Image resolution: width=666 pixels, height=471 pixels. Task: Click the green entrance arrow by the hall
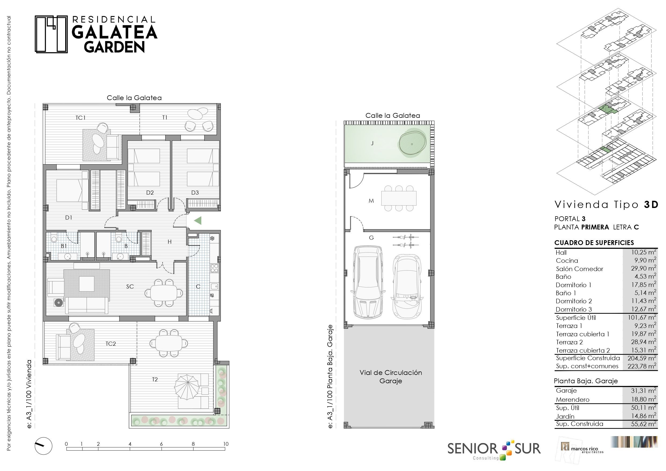(198, 221)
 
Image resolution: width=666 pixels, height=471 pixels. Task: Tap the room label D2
(150, 192)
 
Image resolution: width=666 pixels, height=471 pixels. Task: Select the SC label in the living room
(130, 286)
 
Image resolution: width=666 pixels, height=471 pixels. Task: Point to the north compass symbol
(43, 446)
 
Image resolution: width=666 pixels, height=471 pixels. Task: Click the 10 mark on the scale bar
(226, 444)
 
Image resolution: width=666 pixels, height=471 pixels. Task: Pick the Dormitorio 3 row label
(574, 309)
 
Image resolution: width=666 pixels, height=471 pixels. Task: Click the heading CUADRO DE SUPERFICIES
(594, 243)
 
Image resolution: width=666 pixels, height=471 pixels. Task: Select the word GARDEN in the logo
(114, 47)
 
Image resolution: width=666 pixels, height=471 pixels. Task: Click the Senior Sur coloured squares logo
(506, 450)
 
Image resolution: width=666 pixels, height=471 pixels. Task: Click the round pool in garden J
(412, 143)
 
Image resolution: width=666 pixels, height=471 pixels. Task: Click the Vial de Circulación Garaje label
(391, 377)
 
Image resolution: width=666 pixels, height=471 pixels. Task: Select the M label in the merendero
(371, 201)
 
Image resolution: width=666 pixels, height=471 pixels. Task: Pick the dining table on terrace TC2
(169, 343)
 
